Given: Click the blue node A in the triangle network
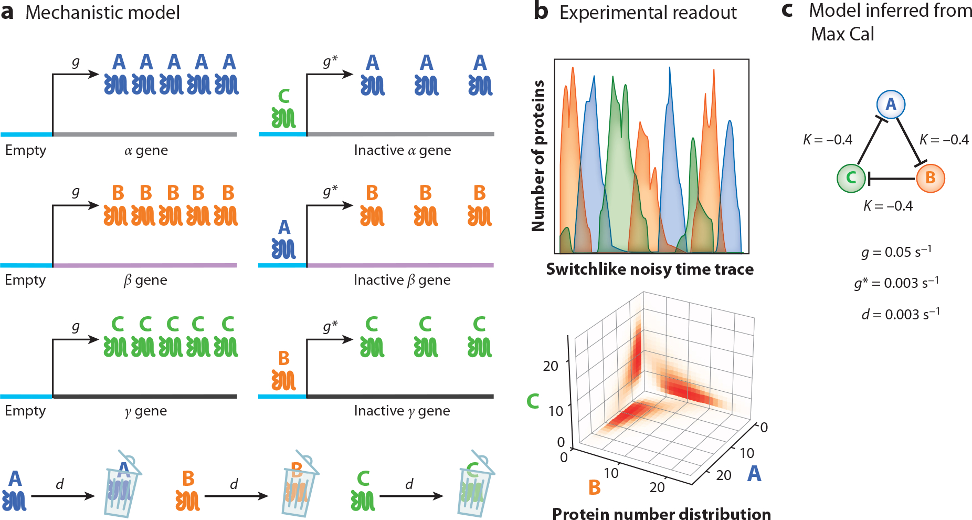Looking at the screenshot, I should point(891,104).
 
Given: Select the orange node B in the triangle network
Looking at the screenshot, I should point(931,178).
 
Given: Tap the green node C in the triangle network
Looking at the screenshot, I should point(851,178).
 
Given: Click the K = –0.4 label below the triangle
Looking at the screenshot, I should point(888,206).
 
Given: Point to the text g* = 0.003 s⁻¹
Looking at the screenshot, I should point(896,283).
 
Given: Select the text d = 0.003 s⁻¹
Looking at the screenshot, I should point(900,314).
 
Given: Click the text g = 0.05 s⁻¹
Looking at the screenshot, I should point(896,252).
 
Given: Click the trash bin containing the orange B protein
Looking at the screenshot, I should point(298,486).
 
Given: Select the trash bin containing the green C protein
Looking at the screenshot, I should point(474,486).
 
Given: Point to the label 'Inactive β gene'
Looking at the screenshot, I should point(402,280).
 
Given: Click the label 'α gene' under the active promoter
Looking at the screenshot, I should point(146,151).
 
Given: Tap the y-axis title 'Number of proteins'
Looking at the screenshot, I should point(538,155).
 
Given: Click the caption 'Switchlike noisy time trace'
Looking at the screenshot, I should point(650,269).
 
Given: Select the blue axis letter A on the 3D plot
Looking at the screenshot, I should point(754,474).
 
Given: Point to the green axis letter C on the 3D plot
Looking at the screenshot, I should point(533,401).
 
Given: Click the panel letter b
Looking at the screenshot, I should point(541,12).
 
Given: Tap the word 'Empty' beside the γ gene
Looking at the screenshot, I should point(25,411).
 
